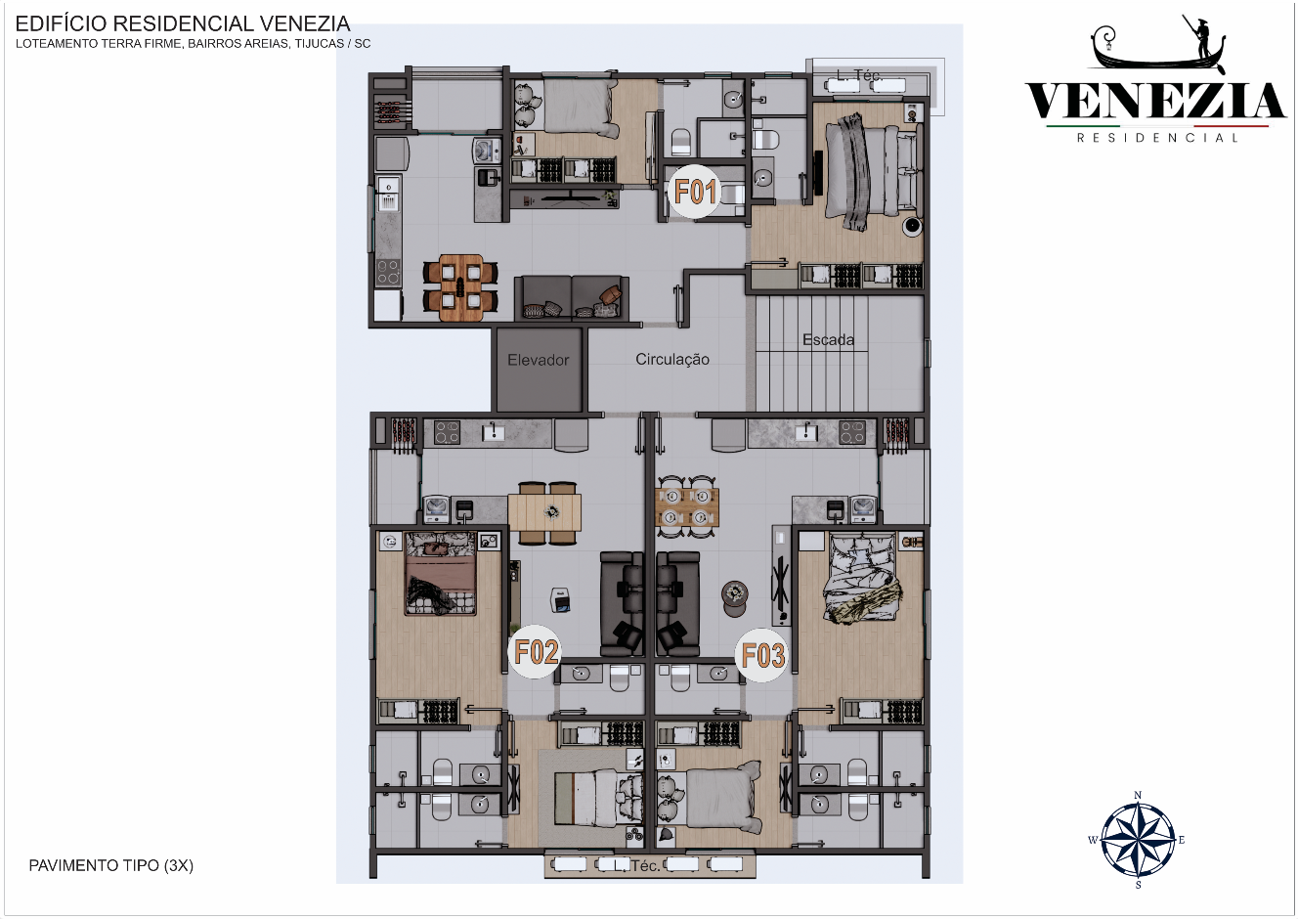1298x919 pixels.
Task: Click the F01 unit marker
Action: click(695, 192)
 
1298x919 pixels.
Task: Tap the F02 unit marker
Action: click(536, 652)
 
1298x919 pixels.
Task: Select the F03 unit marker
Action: click(762, 655)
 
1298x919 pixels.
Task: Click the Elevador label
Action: click(539, 361)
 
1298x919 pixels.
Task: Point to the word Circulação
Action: click(672, 360)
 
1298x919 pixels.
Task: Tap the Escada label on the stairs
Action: click(828, 339)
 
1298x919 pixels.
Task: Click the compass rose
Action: click(1138, 840)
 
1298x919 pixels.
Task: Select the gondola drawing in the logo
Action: click(1158, 45)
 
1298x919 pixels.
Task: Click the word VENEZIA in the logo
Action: click(1155, 101)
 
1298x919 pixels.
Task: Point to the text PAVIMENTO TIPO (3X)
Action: click(111, 865)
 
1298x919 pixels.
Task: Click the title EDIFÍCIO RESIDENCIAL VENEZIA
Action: click(183, 23)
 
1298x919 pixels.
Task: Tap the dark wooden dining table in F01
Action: click(460, 288)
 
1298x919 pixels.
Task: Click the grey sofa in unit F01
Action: click(572, 297)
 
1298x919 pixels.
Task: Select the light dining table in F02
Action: click(544, 512)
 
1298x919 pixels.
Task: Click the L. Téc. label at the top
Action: click(859, 75)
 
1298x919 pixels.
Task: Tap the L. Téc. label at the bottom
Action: click(637, 865)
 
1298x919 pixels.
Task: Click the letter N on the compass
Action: click(1138, 795)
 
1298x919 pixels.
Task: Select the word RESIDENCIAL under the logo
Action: click(1157, 138)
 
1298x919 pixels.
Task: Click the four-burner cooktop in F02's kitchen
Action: click(447, 432)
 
